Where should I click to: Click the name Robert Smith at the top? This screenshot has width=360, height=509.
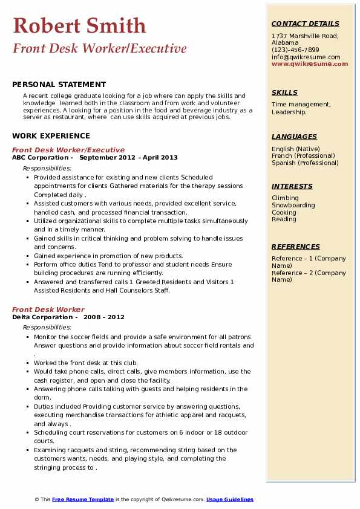(79, 25)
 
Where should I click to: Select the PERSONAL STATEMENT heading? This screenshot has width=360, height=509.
(59, 85)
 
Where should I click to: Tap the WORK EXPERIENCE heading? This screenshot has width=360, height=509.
(51, 137)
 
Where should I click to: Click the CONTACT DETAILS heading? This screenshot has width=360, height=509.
(306, 24)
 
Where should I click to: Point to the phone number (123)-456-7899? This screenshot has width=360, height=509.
(295, 50)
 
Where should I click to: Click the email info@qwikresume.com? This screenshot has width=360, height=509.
(306, 57)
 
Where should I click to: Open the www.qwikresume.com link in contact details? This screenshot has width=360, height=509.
(306, 64)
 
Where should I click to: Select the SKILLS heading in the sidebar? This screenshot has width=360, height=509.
(284, 92)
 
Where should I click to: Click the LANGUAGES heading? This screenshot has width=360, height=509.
(294, 137)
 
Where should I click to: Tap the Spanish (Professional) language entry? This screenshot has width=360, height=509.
(305, 163)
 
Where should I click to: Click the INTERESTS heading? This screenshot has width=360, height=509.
(292, 186)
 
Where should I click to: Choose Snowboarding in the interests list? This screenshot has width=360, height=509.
(293, 206)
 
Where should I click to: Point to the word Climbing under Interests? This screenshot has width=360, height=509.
(285, 198)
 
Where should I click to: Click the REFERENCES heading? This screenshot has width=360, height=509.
(296, 247)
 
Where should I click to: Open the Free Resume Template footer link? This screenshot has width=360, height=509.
(83, 500)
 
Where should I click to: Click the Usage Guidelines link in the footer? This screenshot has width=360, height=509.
(230, 500)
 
